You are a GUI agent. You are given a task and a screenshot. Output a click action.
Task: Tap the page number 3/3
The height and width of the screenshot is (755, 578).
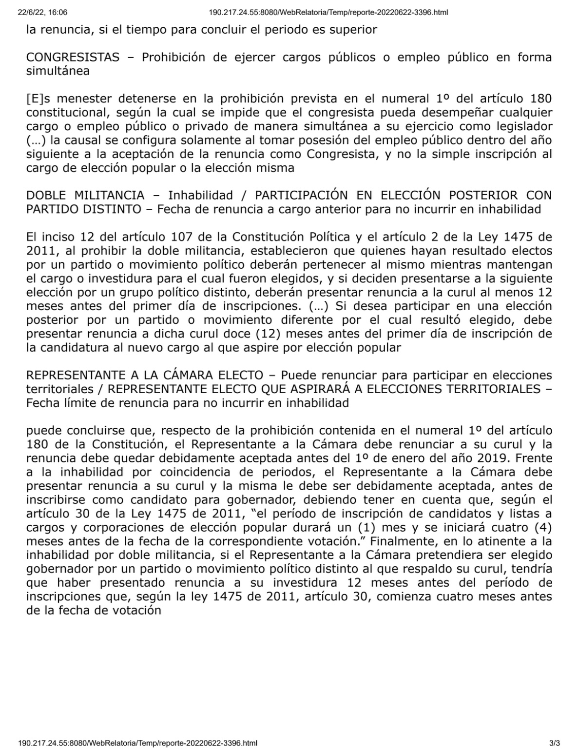[555, 743]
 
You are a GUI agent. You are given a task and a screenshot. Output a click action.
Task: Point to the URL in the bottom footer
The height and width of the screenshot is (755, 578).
[137, 743]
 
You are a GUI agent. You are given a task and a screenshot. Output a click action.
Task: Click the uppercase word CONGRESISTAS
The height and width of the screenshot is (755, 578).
[73, 58]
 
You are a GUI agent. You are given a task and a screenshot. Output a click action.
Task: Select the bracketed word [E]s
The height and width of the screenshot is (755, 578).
[39, 99]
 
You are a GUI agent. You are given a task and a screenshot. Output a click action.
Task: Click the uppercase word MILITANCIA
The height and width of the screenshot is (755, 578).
[110, 196]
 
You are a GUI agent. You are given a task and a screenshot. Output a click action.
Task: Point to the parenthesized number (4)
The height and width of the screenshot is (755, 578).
[541, 528]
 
